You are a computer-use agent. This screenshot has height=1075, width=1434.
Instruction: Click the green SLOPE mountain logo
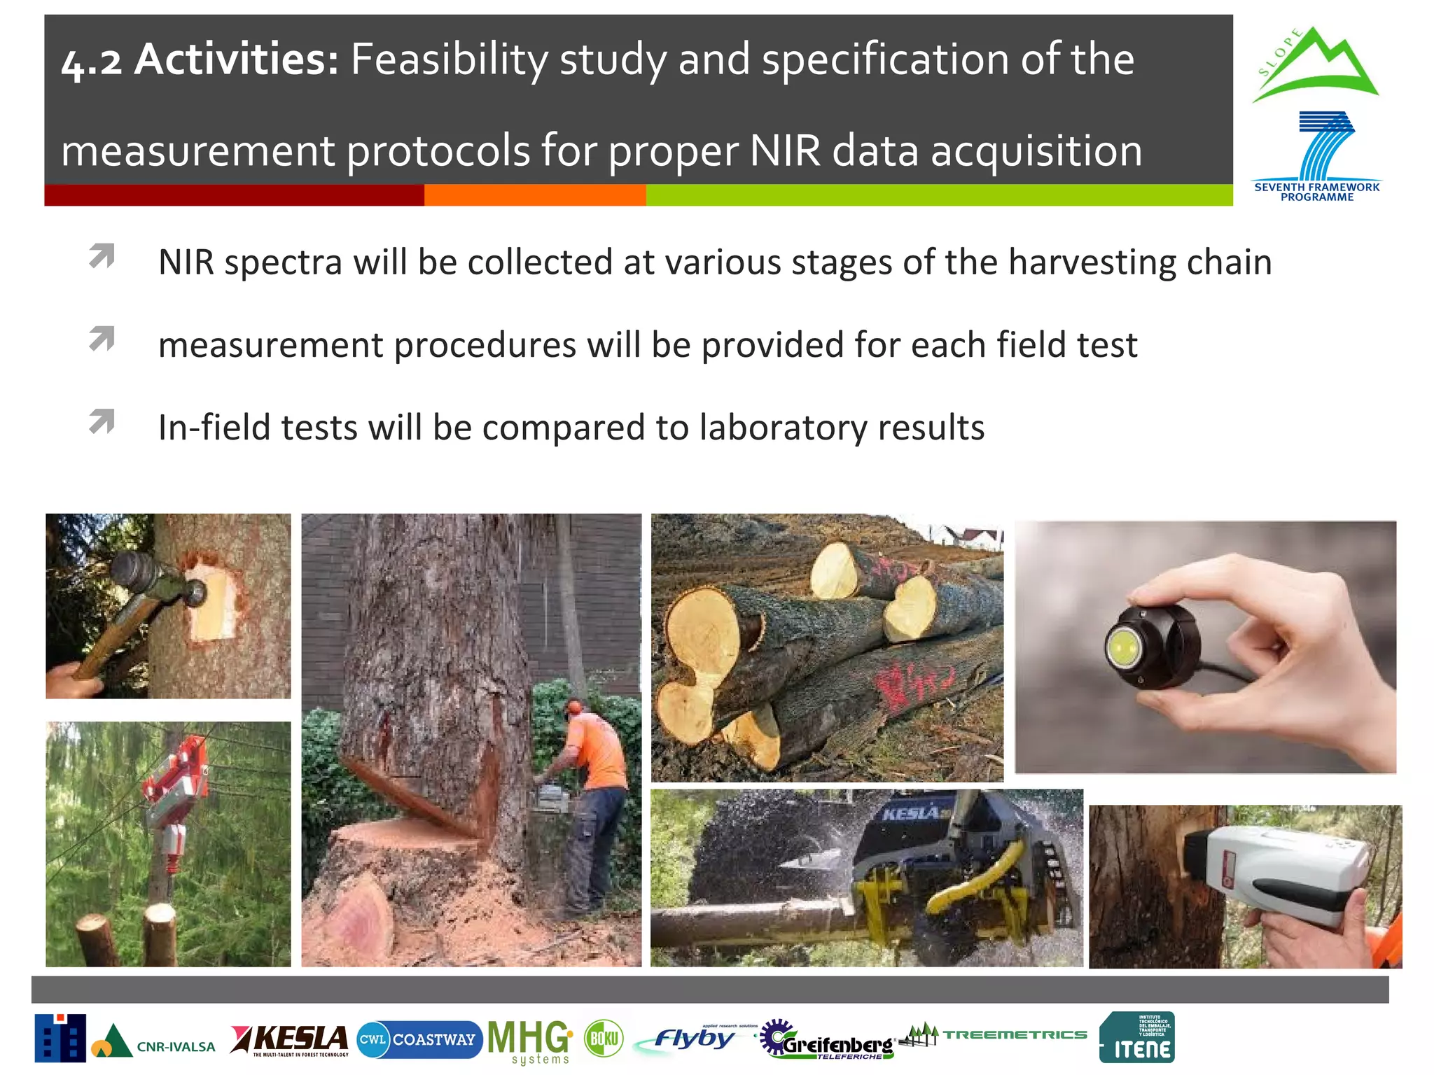point(1315,66)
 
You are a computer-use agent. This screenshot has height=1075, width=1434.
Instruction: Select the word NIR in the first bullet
point(186,262)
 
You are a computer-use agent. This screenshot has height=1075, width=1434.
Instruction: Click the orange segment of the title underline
point(535,195)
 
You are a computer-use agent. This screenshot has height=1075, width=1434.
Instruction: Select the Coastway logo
point(419,1039)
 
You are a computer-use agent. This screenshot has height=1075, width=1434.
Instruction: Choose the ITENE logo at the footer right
point(1136,1038)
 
